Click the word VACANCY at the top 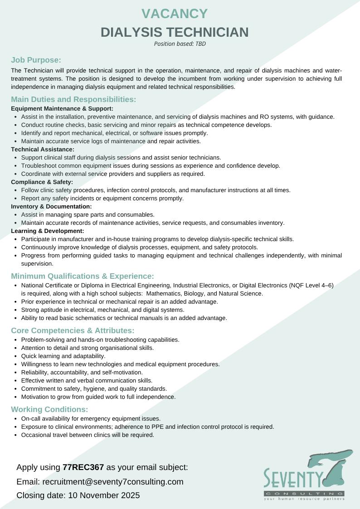175,14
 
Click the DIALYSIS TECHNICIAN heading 175,32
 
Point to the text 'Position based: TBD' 180,44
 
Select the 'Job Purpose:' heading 36,60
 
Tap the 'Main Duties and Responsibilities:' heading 73,99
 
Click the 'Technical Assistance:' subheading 43,149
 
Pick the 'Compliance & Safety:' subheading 42,182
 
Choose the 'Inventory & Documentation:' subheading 51,206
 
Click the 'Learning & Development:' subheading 48,231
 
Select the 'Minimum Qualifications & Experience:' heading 83,276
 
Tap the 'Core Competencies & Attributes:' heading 73,330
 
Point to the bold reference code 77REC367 83,467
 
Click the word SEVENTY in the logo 293,479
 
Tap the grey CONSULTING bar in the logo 304,493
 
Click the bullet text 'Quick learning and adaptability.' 63,356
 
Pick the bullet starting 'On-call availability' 91,418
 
